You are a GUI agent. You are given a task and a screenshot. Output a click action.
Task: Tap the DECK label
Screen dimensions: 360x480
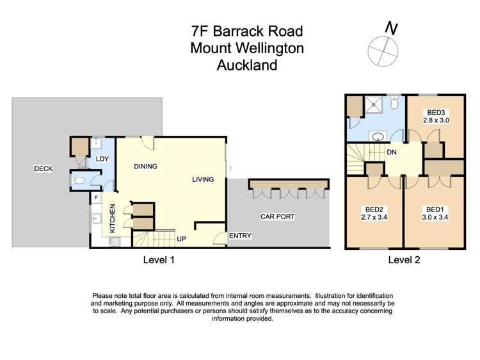point(44,169)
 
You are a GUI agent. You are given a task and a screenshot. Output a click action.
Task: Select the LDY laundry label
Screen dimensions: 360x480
point(102,159)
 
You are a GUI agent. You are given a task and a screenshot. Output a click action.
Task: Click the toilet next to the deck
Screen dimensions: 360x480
point(79,181)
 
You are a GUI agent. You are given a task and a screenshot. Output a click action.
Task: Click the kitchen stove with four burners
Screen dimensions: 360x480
point(116,242)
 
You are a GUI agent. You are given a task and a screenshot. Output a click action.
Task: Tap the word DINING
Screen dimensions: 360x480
point(145,167)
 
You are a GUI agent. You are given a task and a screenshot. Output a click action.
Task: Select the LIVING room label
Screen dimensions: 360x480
point(203,180)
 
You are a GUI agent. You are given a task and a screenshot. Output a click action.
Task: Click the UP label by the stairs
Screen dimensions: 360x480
point(180,238)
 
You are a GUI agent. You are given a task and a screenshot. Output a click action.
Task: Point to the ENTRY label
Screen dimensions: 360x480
point(240,236)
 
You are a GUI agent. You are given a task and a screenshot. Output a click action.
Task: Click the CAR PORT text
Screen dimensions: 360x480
point(277,217)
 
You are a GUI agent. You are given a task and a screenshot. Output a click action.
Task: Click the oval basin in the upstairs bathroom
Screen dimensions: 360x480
point(378,136)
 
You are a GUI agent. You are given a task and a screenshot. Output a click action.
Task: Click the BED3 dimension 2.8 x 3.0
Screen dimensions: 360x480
point(436,120)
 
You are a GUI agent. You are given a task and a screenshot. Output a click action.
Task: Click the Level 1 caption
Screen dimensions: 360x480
point(158,260)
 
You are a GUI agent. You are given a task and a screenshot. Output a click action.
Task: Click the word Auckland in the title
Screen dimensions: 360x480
point(246,65)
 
